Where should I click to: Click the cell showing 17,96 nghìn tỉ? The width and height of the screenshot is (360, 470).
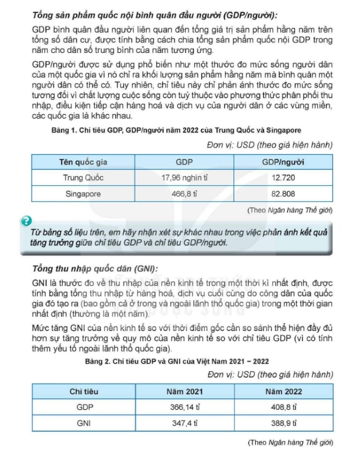(184, 178)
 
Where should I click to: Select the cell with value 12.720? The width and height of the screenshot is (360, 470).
(283, 178)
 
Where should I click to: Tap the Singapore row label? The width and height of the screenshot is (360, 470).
(83, 194)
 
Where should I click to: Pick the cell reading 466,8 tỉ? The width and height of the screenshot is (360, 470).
(184, 194)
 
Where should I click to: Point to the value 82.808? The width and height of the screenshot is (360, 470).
(283, 194)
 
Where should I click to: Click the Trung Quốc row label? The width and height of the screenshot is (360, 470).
(83, 178)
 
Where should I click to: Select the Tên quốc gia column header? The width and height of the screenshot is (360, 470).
(83, 162)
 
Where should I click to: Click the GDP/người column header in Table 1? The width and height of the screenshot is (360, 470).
(283, 162)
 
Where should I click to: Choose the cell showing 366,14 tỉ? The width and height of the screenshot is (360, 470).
(184, 407)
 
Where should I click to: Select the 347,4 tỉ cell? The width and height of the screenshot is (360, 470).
(184, 423)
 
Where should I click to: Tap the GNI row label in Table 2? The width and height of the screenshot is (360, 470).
(84, 423)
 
